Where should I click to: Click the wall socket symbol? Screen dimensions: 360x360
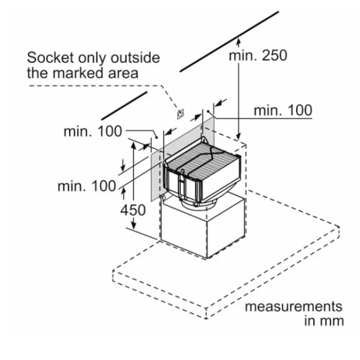point(181,114)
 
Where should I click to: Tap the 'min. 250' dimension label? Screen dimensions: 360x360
point(258,55)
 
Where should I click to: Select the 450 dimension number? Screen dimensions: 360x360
point(133,210)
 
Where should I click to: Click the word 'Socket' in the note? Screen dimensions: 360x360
point(50,58)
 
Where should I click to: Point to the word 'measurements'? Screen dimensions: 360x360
point(294,307)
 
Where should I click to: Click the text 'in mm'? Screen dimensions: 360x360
point(324,321)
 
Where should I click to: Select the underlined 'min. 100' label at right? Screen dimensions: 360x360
point(283,110)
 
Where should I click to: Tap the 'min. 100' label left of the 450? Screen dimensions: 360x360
point(87,186)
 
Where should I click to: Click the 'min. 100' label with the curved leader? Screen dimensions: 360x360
point(93,132)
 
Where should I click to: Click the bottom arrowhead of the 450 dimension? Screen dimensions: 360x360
point(134,225)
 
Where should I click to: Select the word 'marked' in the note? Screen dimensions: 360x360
point(79,73)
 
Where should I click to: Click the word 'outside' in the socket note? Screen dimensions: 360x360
point(135,58)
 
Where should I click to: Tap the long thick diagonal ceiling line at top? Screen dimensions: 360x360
point(229,41)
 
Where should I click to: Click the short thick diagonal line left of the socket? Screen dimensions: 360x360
point(124,106)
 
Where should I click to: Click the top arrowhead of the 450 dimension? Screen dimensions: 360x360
point(134,146)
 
